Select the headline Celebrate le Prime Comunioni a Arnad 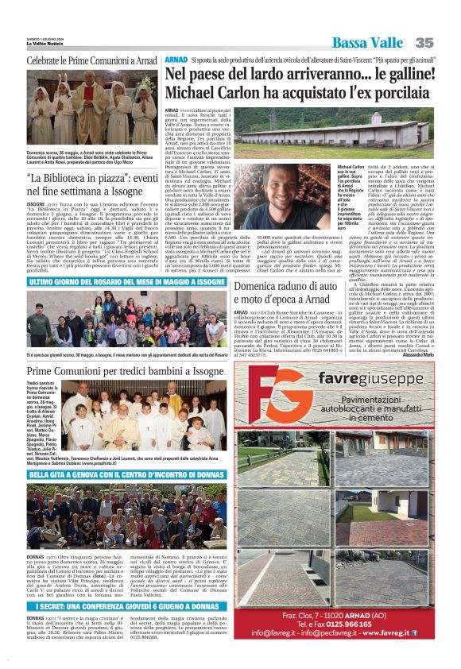[91, 60]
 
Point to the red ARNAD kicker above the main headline [175, 60]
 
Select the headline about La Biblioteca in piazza [91, 184]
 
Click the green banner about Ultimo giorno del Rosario [116, 281]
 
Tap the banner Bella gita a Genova [116, 474]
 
